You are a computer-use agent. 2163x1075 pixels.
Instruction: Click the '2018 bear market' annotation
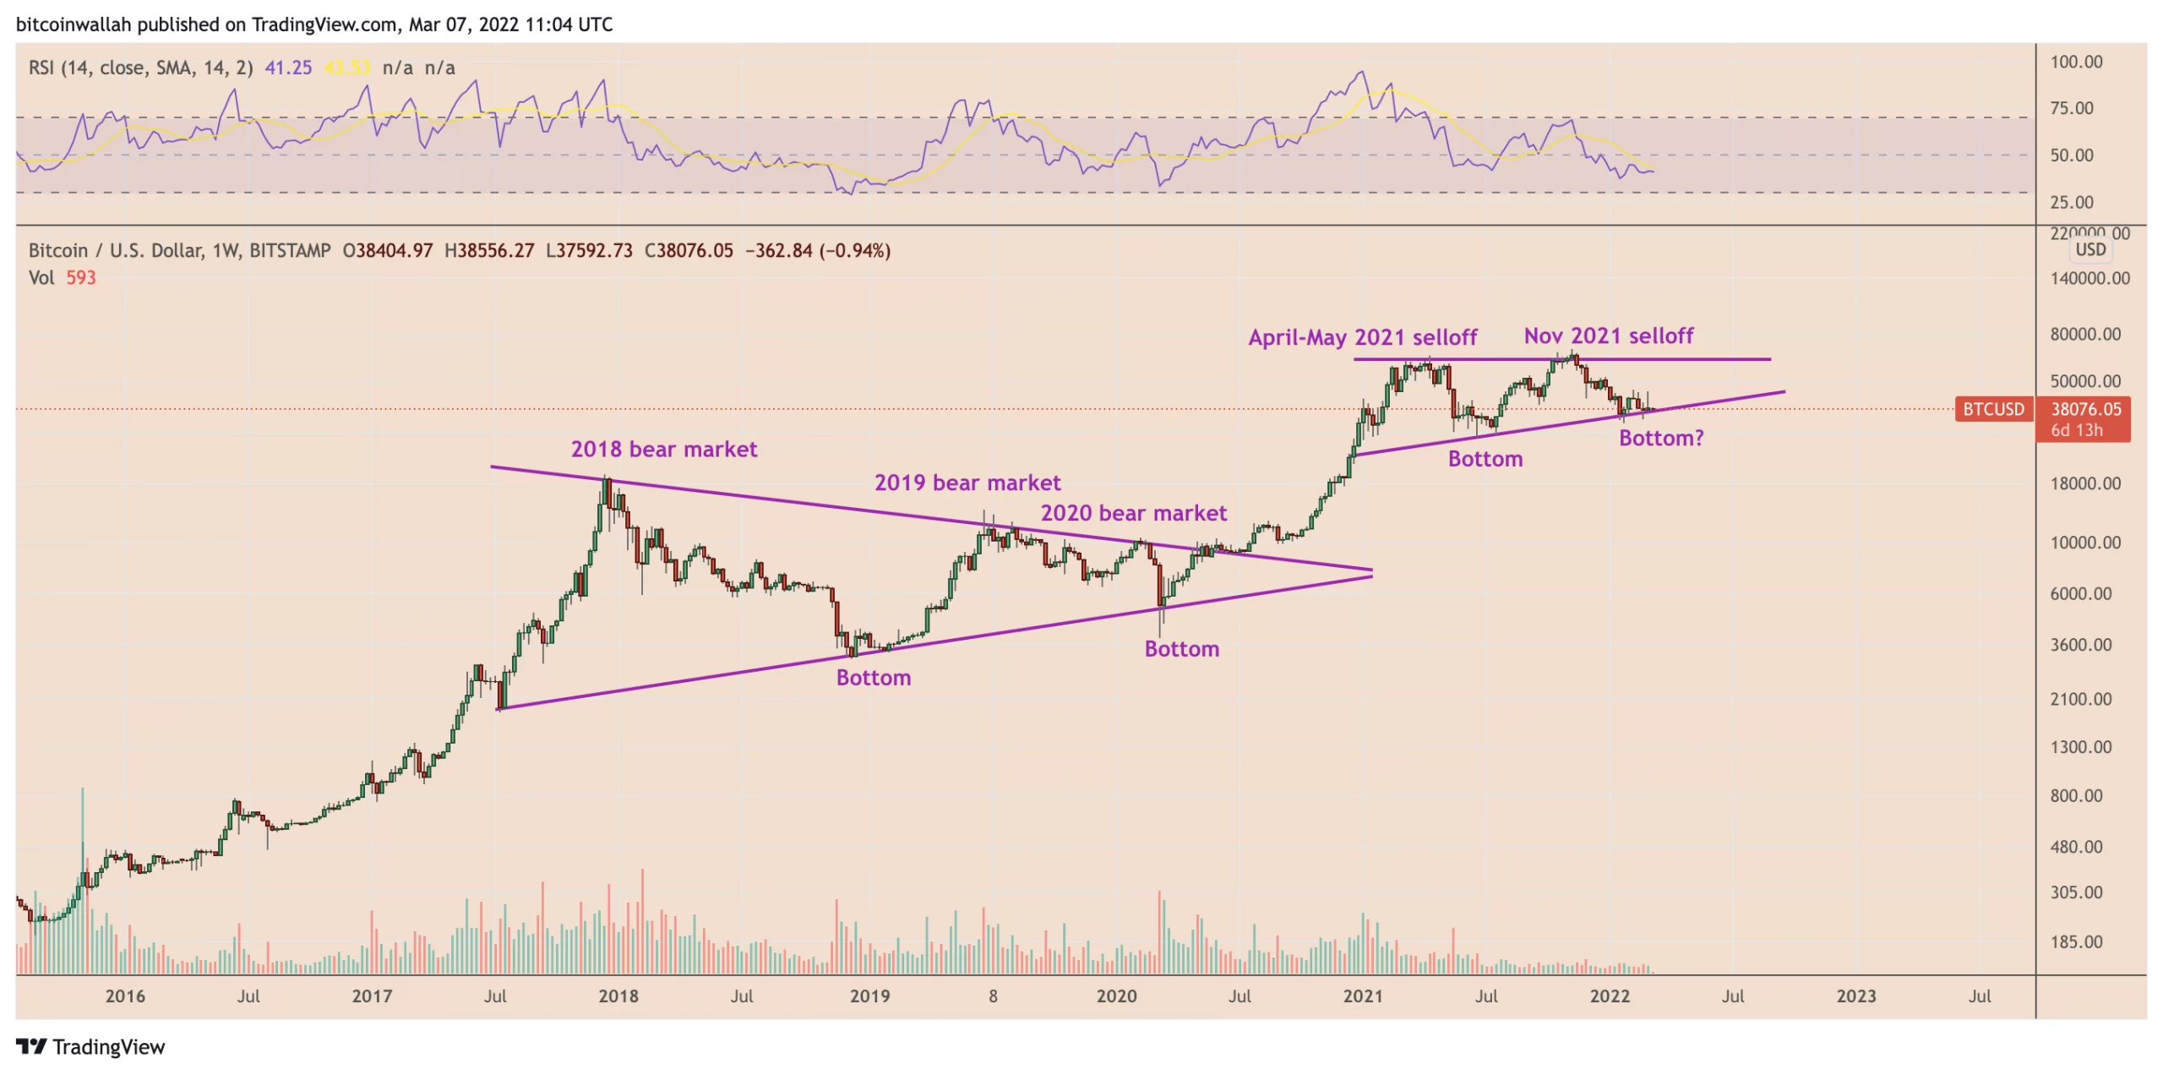[664, 449]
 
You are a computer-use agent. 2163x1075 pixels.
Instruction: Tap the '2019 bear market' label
[967, 483]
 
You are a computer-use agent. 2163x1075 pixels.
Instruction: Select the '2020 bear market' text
[1133, 513]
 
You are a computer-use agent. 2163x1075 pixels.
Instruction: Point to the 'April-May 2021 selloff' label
[1362, 337]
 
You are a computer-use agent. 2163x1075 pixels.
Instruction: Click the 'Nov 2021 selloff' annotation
[1608, 336]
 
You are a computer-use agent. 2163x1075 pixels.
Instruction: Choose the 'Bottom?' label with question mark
[1660, 438]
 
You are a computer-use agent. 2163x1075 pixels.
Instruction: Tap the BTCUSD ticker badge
[1993, 410]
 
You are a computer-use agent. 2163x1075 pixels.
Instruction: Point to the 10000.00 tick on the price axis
[2084, 543]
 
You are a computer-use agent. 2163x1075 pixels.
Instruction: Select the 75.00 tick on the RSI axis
[2071, 108]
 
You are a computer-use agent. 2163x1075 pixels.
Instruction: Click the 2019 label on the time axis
[869, 996]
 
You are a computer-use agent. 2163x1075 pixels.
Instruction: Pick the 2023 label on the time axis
[1855, 996]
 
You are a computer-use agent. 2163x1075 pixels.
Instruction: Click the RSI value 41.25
[288, 68]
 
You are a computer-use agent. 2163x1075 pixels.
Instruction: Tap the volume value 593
[81, 278]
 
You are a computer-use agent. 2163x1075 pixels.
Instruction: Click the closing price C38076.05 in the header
[689, 251]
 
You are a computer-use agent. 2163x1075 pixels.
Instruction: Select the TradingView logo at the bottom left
[90, 1047]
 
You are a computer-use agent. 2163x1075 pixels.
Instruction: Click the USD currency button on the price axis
[2090, 249]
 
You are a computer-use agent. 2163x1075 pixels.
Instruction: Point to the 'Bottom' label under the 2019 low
[874, 678]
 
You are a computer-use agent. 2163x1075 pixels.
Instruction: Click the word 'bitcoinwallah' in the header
[74, 25]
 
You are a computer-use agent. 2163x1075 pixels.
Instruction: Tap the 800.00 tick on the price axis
[2076, 796]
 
